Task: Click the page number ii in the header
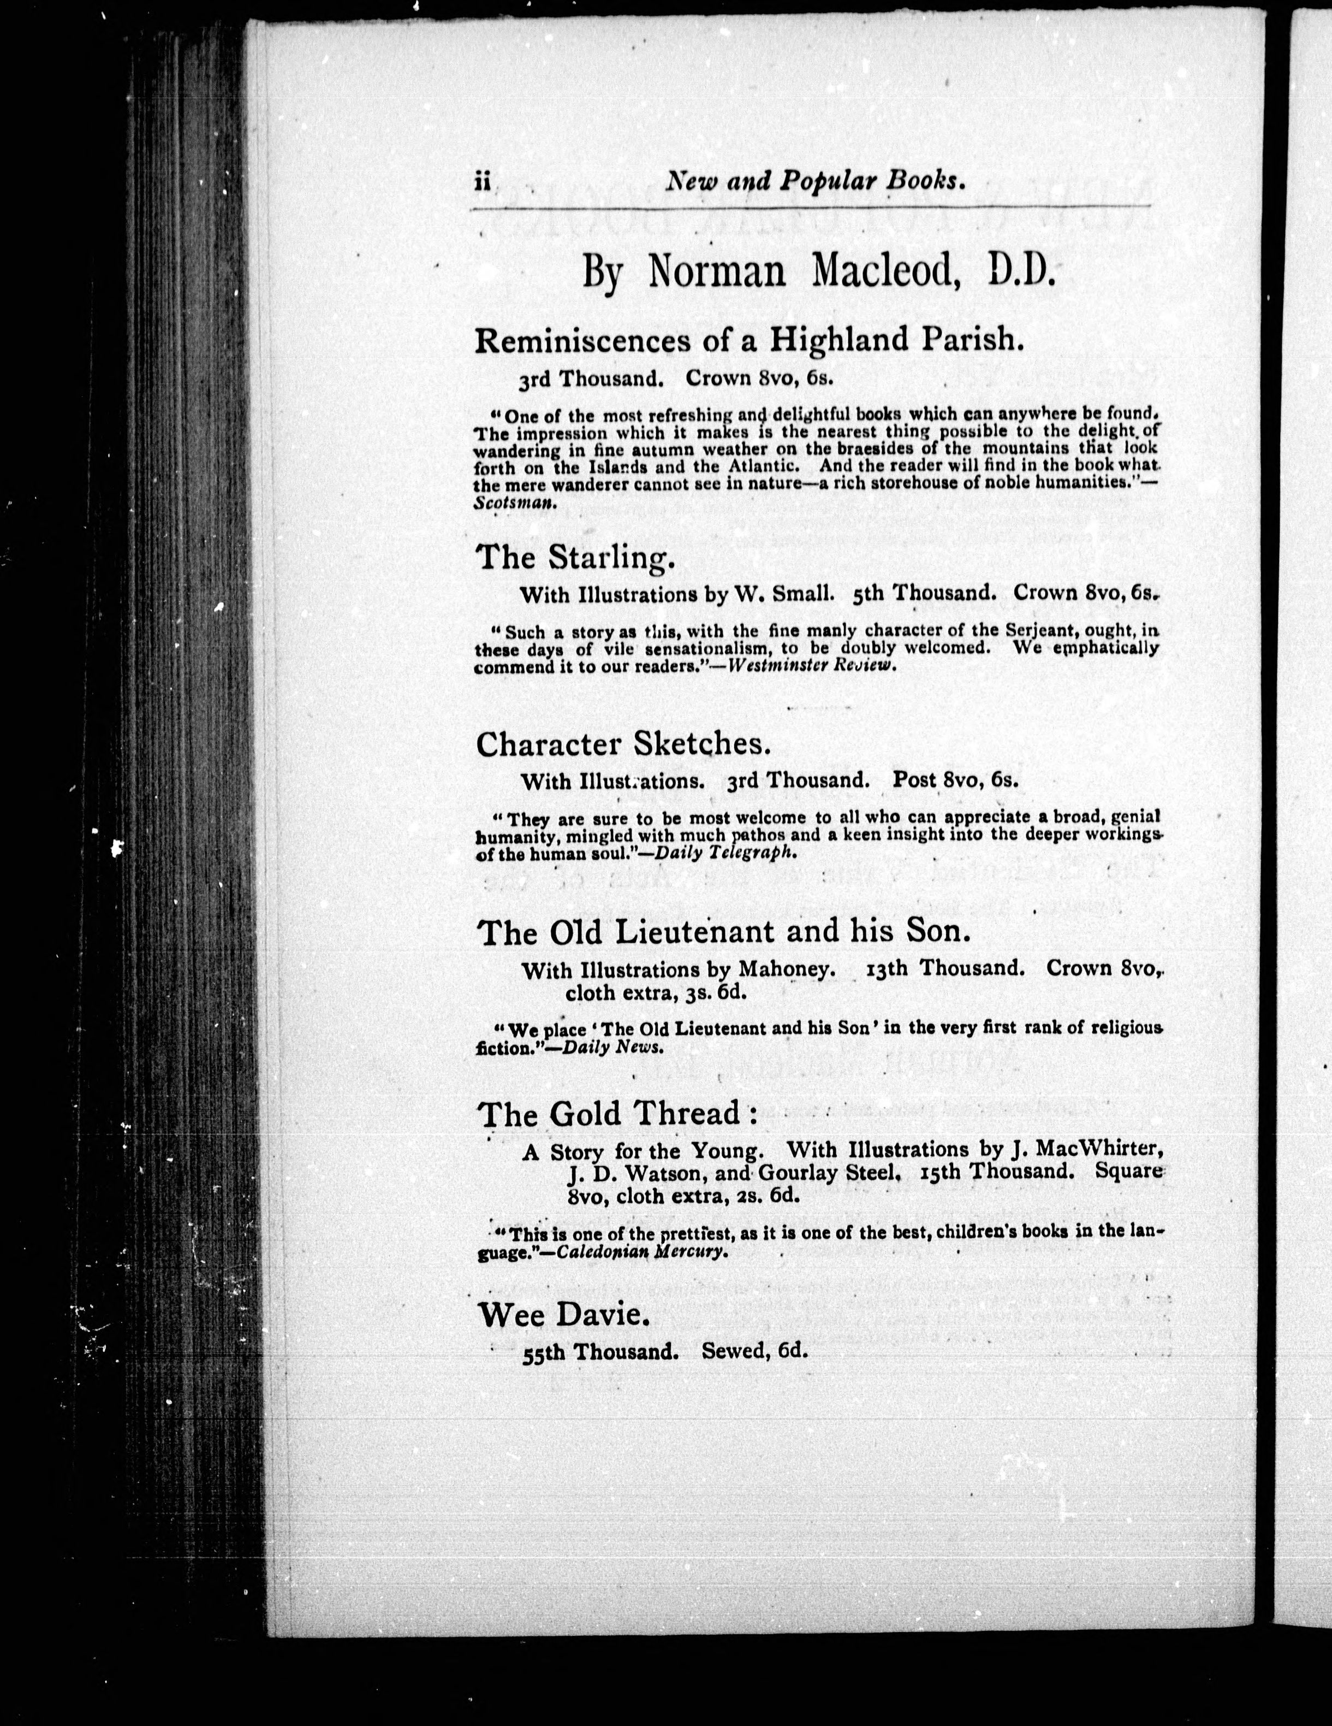point(483,182)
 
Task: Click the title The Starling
point(576,558)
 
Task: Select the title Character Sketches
point(622,744)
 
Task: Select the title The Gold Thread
point(618,1114)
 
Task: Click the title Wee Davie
point(564,1315)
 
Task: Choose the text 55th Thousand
point(600,1352)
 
